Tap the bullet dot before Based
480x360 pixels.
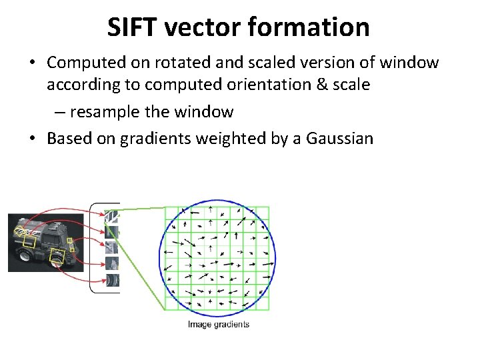tap(32, 139)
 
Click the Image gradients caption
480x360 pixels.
tap(218, 325)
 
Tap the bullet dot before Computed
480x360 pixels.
tap(32, 63)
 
